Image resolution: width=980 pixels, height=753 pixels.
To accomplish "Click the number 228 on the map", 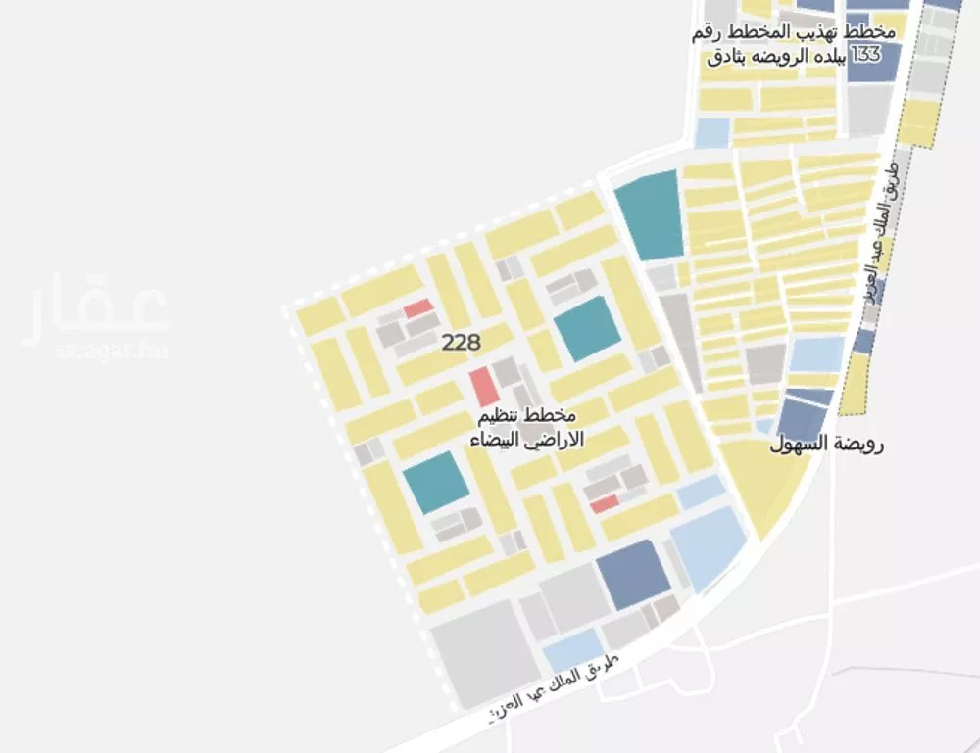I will (461, 343).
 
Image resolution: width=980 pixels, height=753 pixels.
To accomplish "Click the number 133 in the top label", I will (866, 55).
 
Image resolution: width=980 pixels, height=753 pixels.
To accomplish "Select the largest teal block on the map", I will (650, 214).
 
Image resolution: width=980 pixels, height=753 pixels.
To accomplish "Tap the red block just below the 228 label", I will (484, 387).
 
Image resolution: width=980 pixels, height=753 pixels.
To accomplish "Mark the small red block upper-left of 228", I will (418, 308).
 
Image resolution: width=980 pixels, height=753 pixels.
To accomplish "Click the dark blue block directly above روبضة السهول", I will (807, 411).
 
